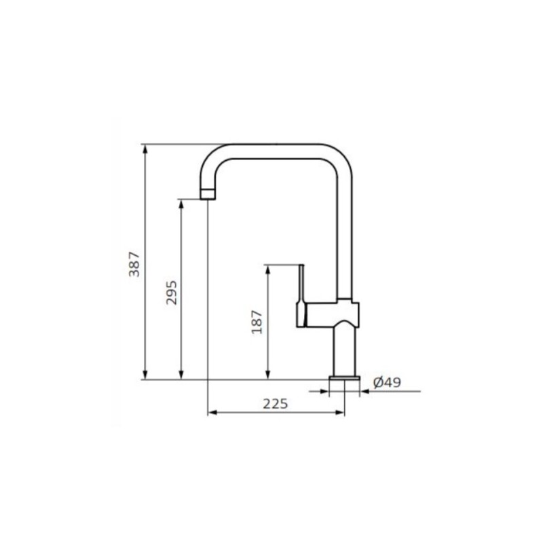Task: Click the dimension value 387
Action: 134,264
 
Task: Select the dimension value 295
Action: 171,293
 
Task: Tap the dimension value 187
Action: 257,322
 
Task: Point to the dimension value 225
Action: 276,404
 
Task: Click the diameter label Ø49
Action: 387,383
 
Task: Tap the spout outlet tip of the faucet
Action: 208,195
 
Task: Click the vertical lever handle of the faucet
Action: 301,295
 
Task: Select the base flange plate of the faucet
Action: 345,378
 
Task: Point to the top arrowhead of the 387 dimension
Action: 145,149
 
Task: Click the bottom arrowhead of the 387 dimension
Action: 145,375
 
